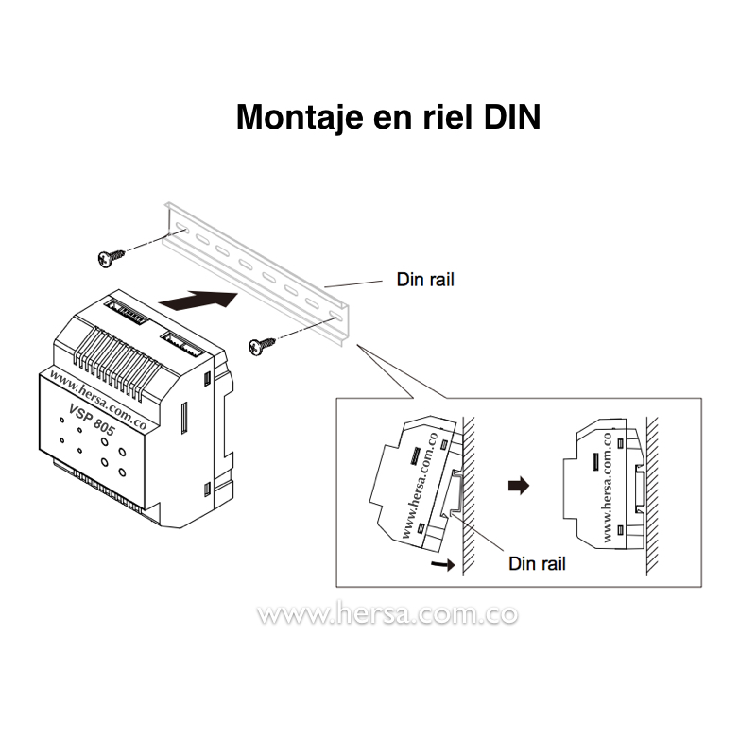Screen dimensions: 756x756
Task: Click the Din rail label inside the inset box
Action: point(537,563)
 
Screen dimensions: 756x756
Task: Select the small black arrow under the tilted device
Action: point(440,564)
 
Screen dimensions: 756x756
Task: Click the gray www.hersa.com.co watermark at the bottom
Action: point(387,614)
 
